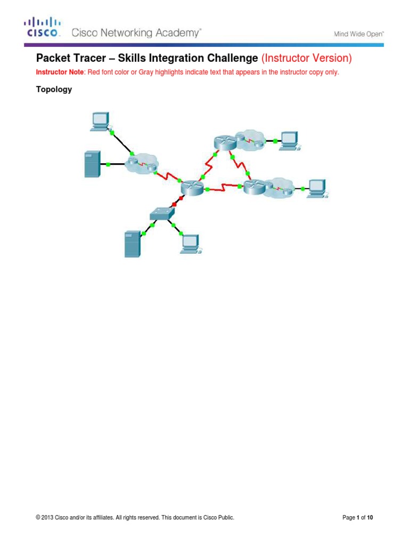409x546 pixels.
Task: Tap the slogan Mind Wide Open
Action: (x=359, y=34)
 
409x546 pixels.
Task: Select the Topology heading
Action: (x=54, y=90)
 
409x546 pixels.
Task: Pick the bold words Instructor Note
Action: (x=56, y=72)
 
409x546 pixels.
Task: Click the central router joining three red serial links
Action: (x=192, y=187)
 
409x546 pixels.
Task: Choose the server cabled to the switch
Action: (x=132, y=243)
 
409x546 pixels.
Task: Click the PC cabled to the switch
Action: (x=190, y=243)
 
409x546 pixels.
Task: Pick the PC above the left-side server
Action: (x=100, y=121)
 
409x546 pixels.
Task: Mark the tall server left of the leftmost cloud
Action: (x=92, y=164)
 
